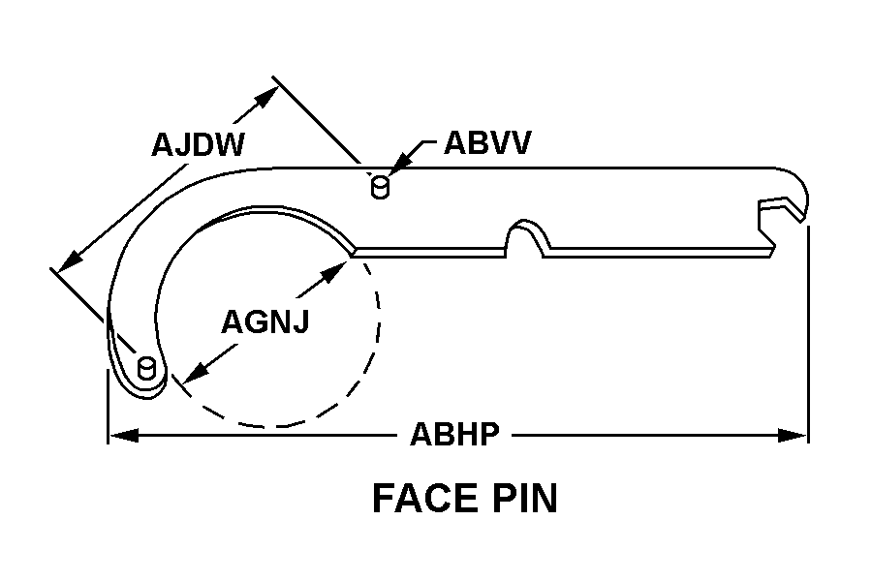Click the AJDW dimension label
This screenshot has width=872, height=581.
(x=198, y=144)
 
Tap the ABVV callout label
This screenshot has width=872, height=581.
(x=487, y=143)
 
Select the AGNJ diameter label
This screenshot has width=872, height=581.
(x=265, y=321)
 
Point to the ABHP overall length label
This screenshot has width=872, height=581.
(x=455, y=434)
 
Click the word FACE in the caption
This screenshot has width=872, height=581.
(x=425, y=498)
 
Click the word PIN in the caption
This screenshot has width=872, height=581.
(x=525, y=498)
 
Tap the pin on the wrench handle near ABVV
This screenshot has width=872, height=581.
(x=380, y=187)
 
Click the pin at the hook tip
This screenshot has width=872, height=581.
(x=146, y=368)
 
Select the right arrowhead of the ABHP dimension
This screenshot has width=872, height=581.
(x=793, y=436)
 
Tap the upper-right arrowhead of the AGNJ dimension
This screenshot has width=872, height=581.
(x=335, y=272)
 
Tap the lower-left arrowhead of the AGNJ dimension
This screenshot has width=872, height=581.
(x=195, y=371)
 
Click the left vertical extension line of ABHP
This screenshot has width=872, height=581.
(x=108, y=406)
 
